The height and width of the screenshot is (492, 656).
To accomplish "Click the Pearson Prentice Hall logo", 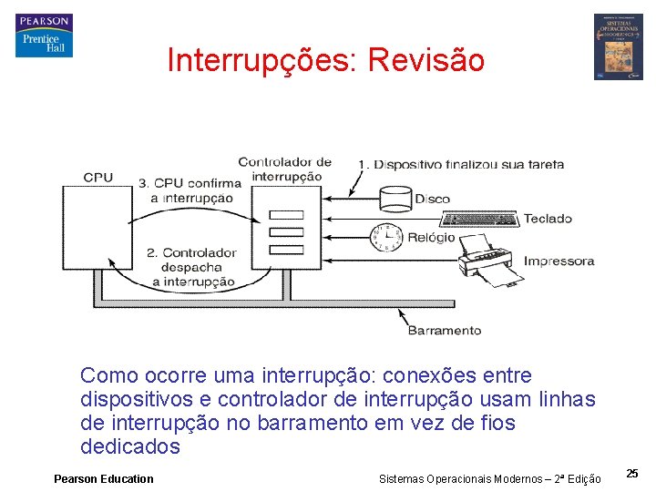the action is [x=44, y=36].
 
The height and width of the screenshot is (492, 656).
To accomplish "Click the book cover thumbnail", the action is [x=618, y=46].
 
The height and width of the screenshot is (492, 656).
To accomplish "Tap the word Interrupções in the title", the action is [x=261, y=60].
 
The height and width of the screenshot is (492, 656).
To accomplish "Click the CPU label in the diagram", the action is [x=98, y=178].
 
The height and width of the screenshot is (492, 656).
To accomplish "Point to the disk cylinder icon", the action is [x=396, y=199].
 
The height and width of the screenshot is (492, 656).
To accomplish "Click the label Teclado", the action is [x=548, y=219].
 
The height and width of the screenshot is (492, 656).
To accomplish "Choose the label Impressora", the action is [x=559, y=261].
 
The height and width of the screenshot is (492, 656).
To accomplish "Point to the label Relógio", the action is [x=431, y=237].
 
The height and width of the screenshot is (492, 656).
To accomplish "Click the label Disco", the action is [x=432, y=199].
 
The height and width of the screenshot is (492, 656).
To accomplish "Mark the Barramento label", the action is [x=444, y=330].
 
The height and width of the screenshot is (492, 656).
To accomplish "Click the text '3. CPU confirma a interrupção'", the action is [x=190, y=190].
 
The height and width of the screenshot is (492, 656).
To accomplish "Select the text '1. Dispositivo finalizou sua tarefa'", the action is [x=460, y=165].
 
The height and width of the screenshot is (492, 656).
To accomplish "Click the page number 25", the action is [x=632, y=473].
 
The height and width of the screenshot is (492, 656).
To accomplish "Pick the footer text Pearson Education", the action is [x=104, y=479].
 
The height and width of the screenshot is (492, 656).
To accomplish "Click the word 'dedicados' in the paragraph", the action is [x=130, y=447].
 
